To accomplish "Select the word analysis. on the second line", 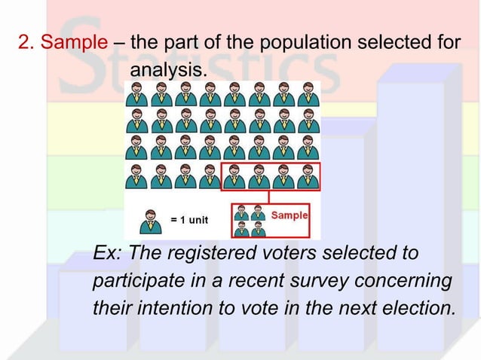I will click(167, 71).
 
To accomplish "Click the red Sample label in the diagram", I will click(290, 215).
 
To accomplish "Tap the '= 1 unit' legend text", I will click(189, 220).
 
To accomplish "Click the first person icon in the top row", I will click(136, 95).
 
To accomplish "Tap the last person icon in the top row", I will click(306, 95).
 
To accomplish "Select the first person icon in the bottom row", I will click(136, 175).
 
